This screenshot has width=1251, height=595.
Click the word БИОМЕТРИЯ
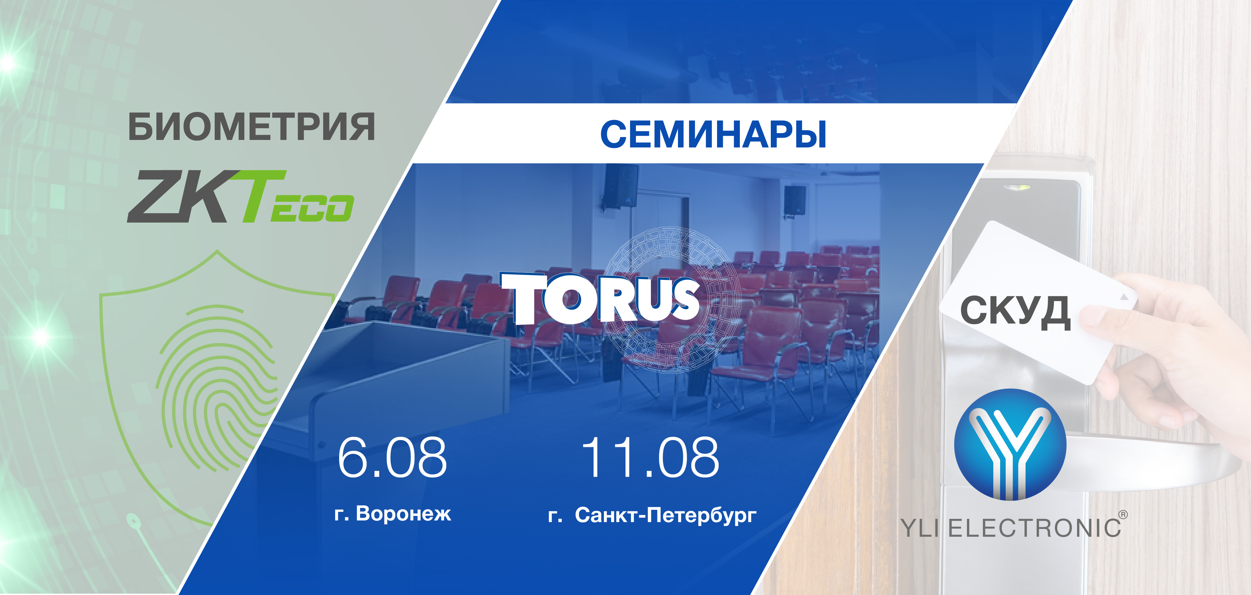point(252,127)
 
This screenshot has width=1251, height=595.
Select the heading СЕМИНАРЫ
point(713,134)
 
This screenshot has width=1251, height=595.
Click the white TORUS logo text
point(600,298)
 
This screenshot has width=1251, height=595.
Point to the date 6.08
point(392,457)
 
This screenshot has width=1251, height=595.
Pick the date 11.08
point(650,457)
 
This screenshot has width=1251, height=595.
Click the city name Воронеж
point(404,514)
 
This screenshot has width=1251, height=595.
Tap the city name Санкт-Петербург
point(665,515)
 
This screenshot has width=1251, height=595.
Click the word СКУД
point(1015,312)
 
